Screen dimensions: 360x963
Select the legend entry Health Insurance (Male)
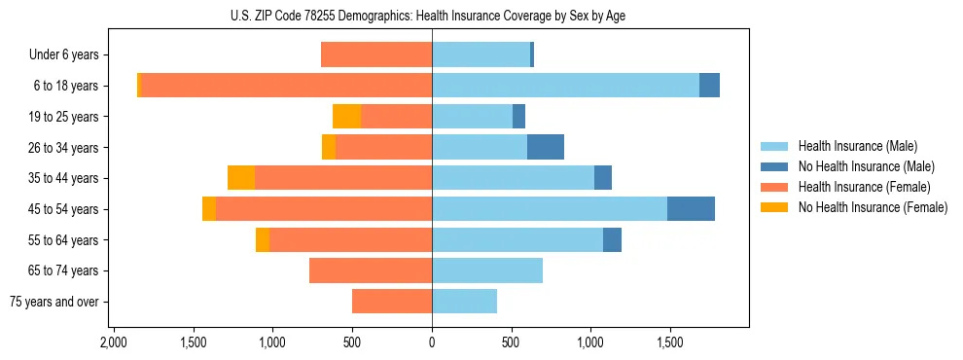click(x=857, y=146)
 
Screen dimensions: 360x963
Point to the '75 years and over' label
click(x=53, y=302)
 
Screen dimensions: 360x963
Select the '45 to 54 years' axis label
click(x=61, y=209)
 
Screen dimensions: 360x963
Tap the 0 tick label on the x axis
click(x=432, y=343)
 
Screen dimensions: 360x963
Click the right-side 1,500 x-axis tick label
click(x=669, y=343)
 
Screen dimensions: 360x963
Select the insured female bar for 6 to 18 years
click(x=287, y=86)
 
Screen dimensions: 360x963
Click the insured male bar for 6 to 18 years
click(x=565, y=86)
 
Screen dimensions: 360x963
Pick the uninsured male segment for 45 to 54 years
click(x=691, y=209)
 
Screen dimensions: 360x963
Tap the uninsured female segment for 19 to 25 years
click(x=347, y=117)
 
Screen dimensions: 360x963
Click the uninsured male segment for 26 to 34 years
click(x=546, y=147)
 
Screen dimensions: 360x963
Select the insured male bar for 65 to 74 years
click(x=487, y=270)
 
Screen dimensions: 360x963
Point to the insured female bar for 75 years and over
click(x=392, y=302)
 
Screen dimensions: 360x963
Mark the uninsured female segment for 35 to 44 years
click(x=241, y=178)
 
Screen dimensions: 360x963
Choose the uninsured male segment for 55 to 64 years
click(x=612, y=240)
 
